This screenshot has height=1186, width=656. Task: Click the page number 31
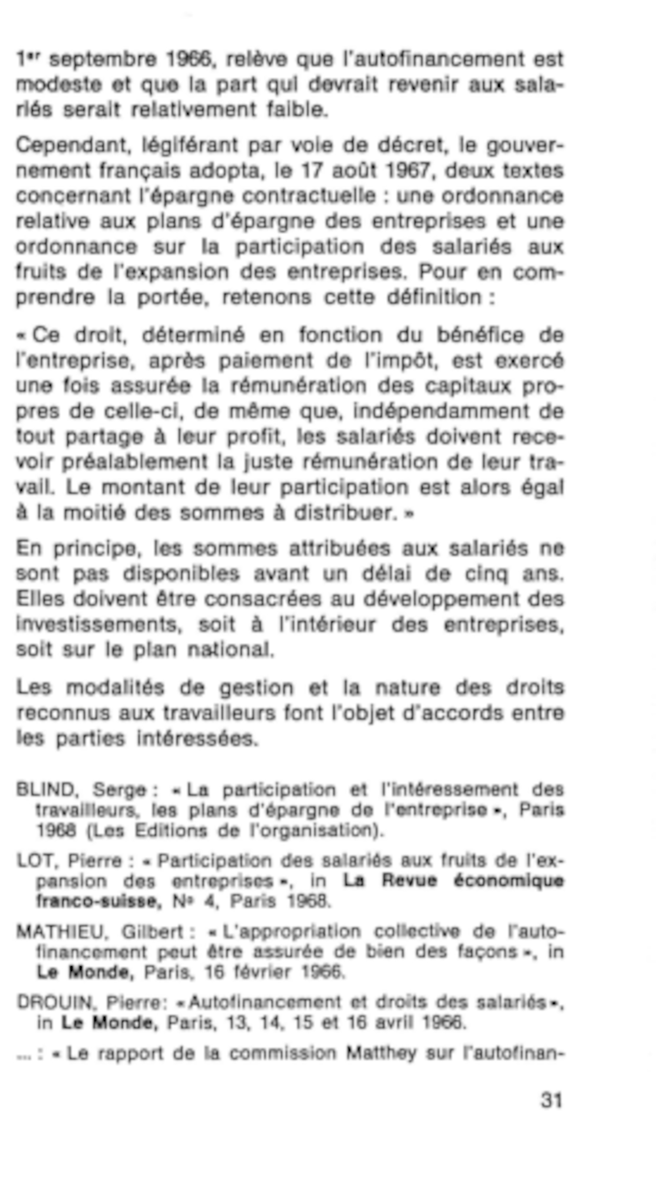pos(551,1101)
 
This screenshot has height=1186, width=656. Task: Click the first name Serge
pos(120,790)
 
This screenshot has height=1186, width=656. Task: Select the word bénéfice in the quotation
pos(480,335)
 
